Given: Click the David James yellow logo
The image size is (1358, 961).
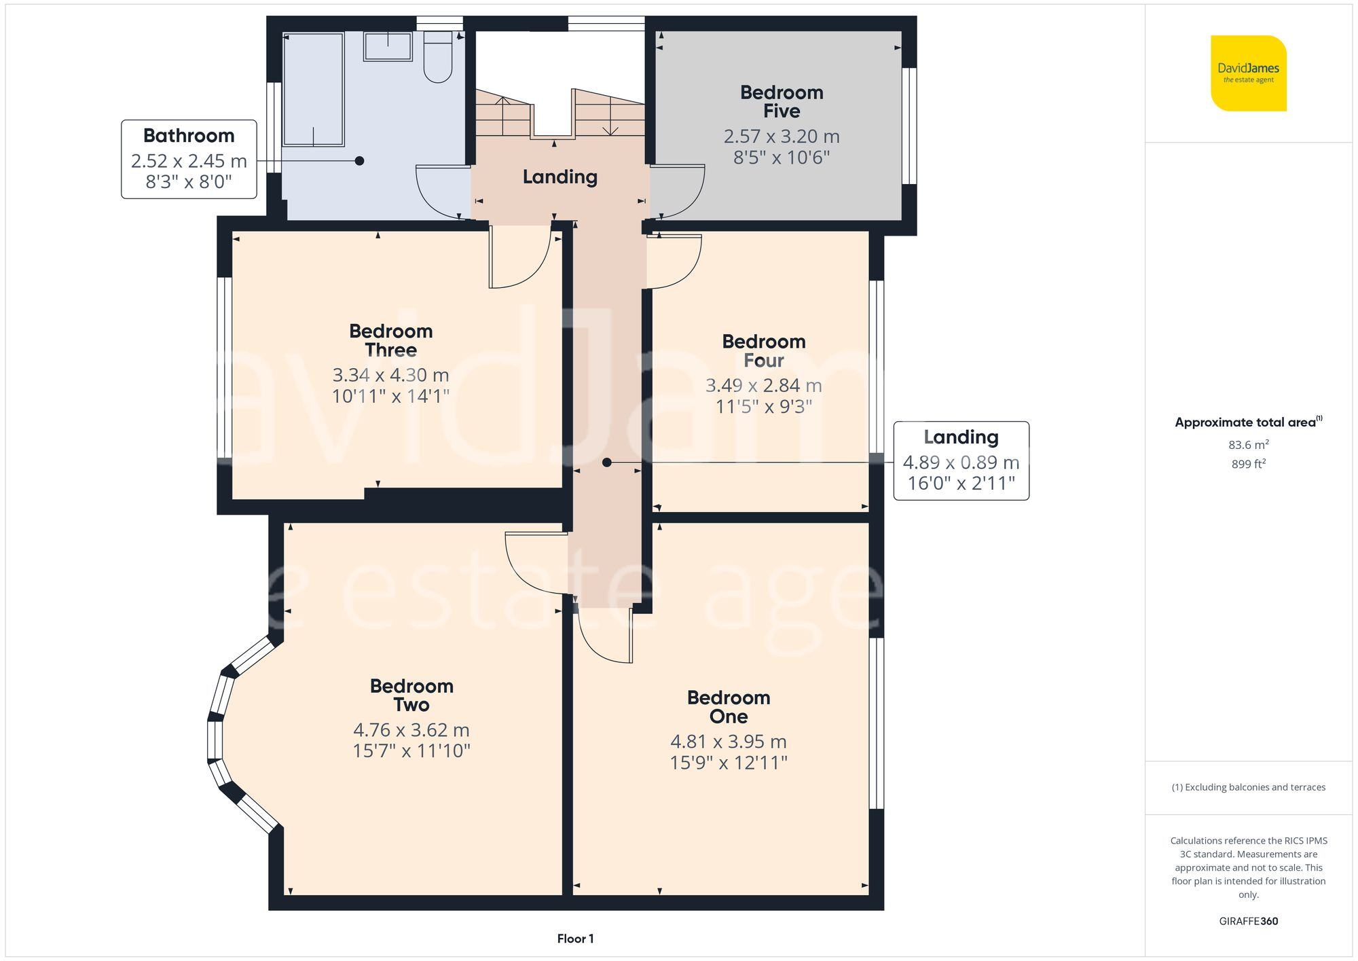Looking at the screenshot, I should click(x=1248, y=73).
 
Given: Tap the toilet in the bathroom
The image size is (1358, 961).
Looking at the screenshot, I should click(x=438, y=58).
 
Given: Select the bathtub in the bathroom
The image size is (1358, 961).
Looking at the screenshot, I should click(x=313, y=89).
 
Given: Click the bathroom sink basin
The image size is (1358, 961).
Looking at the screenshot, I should click(x=388, y=47).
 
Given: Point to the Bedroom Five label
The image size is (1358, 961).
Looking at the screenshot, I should click(x=782, y=102).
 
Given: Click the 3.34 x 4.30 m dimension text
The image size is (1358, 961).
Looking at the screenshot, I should click(x=390, y=375).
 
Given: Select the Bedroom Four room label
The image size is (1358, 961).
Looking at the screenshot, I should click(x=764, y=351).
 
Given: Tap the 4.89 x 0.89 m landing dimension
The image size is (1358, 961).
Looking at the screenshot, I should click(x=961, y=463).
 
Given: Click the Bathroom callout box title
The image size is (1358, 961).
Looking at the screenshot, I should click(x=189, y=136).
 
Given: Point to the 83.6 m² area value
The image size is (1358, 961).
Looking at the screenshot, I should click(x=1248, y=445).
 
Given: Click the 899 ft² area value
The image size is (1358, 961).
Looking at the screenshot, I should click(x=1248, y=465).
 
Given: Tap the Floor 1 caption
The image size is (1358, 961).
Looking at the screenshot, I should click(x=575, y=939).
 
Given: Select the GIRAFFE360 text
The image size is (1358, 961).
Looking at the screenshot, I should click(x=1248, y=921).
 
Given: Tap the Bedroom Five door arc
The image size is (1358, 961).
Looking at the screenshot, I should click(x=679, y=194).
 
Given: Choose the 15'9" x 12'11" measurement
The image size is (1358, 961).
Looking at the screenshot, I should click(x=729, y=763).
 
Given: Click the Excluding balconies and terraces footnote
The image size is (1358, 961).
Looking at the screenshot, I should click(x=1248, y=787).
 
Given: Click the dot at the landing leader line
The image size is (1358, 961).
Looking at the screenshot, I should click(x=607, y=463).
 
